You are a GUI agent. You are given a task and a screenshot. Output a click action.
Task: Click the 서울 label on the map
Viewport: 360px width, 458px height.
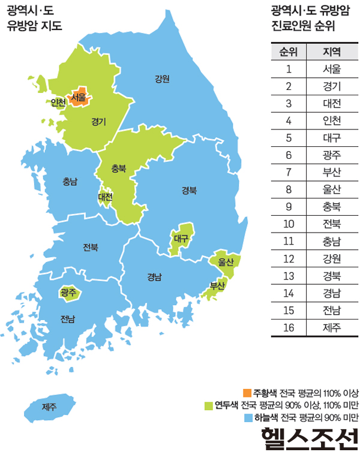(x=78, y=97)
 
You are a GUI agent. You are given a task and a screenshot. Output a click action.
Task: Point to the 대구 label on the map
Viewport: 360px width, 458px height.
(x=181, y=238)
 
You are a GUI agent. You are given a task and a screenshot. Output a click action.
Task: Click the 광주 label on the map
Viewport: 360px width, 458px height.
(x=68, y=293)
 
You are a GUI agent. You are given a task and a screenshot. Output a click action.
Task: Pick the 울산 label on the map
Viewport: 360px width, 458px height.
(x=226, y=262)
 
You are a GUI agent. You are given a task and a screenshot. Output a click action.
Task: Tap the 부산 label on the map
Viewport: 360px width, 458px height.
(x=217, y=286)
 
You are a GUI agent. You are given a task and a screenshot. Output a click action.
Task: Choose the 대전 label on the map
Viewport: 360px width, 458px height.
(x=106, y=196)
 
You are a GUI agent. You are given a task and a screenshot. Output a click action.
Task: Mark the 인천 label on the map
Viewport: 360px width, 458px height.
(x=58, y=103)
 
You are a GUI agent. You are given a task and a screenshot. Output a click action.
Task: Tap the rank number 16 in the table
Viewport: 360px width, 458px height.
(x=289, y=327)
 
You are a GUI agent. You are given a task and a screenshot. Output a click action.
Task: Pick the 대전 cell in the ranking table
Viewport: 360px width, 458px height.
(x=332, y=103)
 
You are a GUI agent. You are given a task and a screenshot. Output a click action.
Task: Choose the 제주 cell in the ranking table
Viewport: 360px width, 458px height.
(x=332, y=327)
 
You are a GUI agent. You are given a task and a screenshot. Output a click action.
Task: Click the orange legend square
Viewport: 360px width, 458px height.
(x=248, y=393)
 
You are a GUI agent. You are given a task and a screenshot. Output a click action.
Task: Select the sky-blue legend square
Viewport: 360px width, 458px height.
(x=248, y=417)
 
